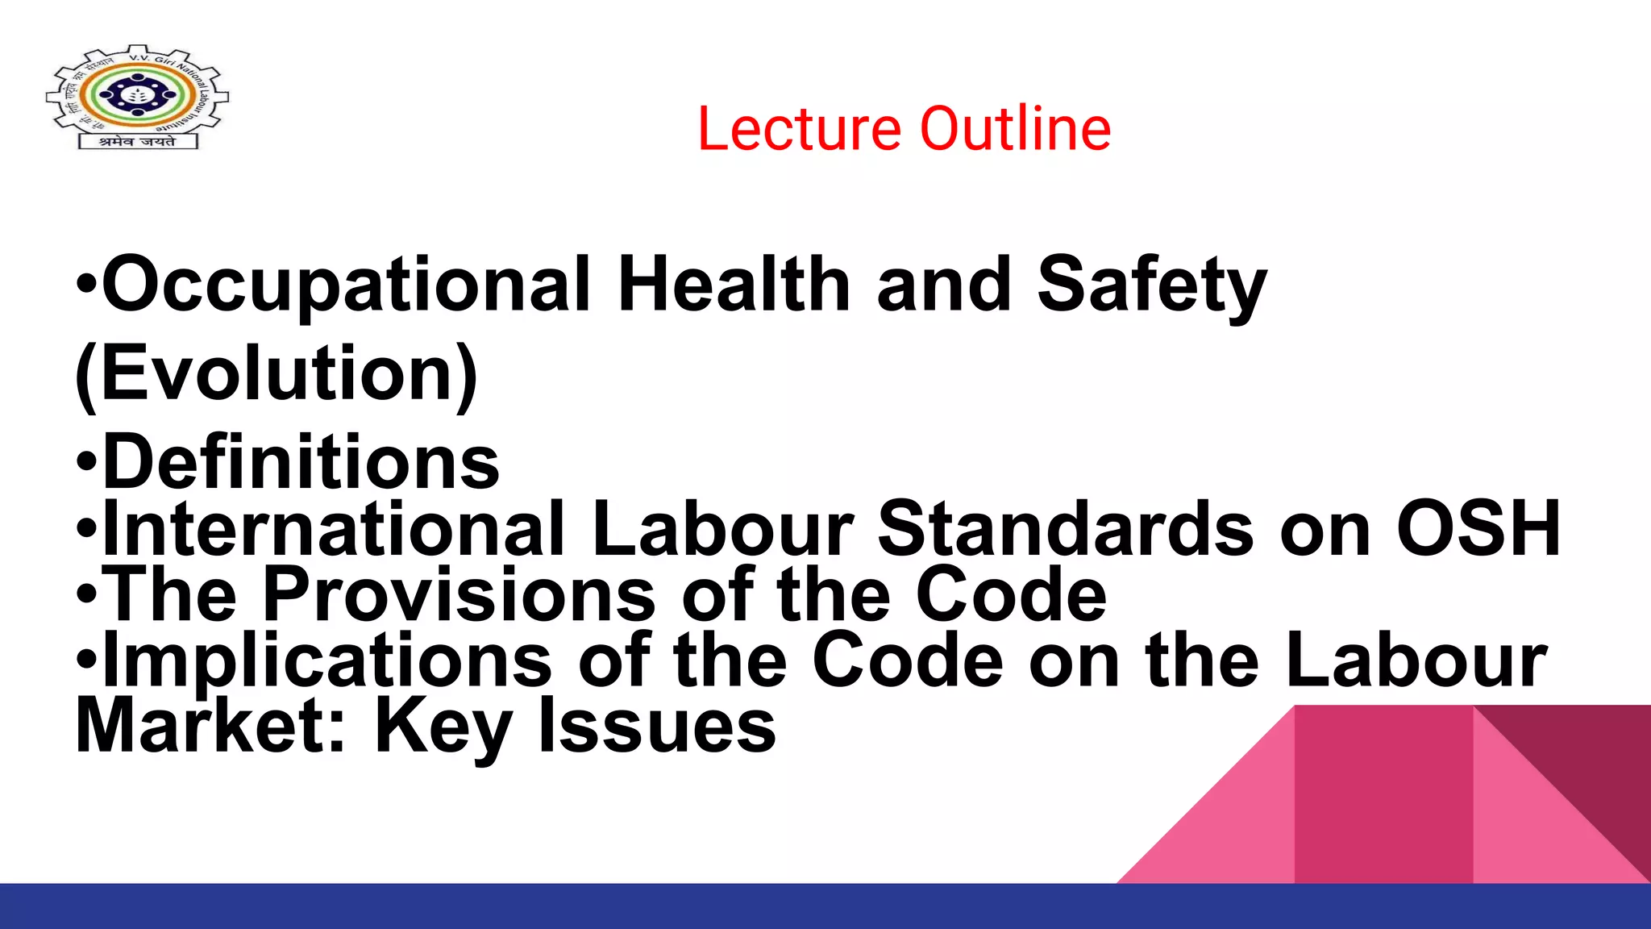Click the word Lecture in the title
tap(799, 129)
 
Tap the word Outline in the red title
tap(1016, 129)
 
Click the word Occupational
tap(347, 285)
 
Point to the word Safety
tap(1152, 285)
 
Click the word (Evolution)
tap(277, 375)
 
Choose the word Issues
tap(657, 725)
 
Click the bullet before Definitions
tap(87, 464)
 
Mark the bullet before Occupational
tap(87, 285)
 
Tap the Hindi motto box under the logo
tap(138, 141)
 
